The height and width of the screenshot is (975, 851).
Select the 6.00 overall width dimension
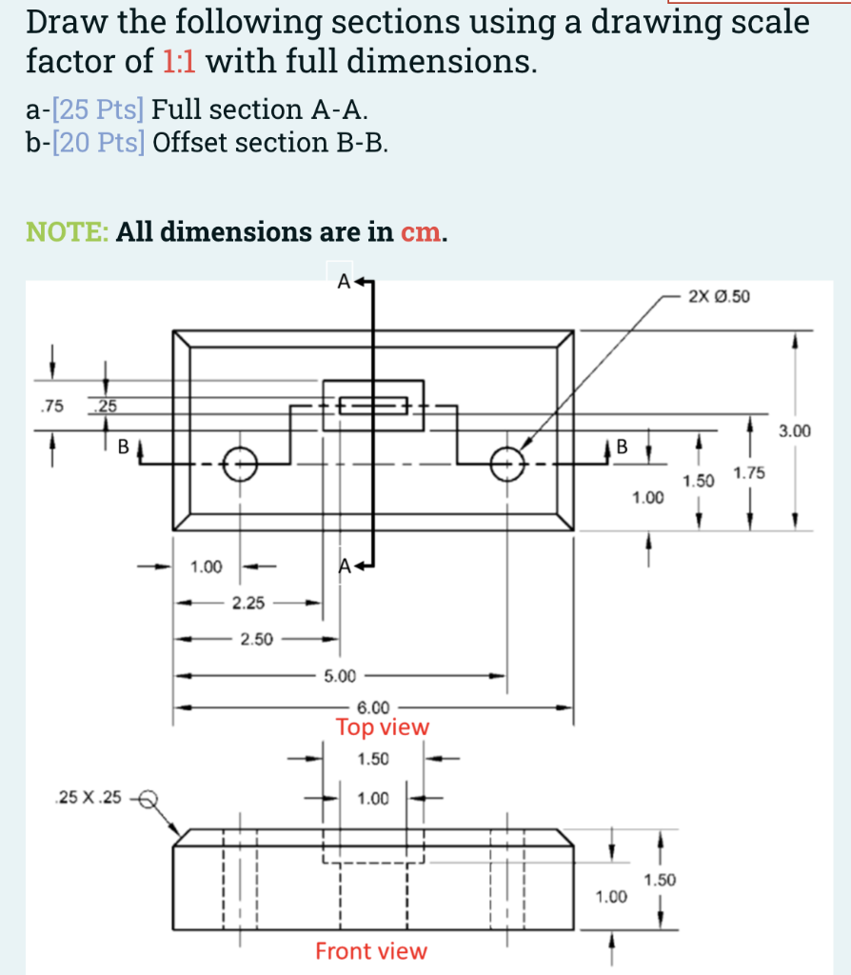(x=372, y=707)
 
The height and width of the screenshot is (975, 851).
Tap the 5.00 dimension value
(x=340, y=676)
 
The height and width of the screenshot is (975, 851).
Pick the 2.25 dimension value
(x=247, y=603)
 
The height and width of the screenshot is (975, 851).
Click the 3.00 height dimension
(x=795, y=431)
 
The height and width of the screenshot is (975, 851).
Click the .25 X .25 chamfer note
(x=89, y=798)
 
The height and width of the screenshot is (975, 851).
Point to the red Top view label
(x=383, y=727)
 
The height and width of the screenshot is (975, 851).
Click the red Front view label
(x=371, y=950)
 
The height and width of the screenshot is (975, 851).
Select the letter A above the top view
(x=342, y=282)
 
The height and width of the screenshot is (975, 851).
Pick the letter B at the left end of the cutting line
(x=122, y=445)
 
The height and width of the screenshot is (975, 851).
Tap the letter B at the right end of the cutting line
(x=623, y=445)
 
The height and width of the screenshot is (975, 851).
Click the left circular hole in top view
(x=239, y=465)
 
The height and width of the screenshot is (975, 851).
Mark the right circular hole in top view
(x=508, y=465)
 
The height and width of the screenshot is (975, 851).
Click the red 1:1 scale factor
(x=180, y=62)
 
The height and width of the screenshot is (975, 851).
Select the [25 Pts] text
(x=98, y=110)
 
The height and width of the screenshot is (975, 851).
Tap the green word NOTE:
(x=67, y=232)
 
